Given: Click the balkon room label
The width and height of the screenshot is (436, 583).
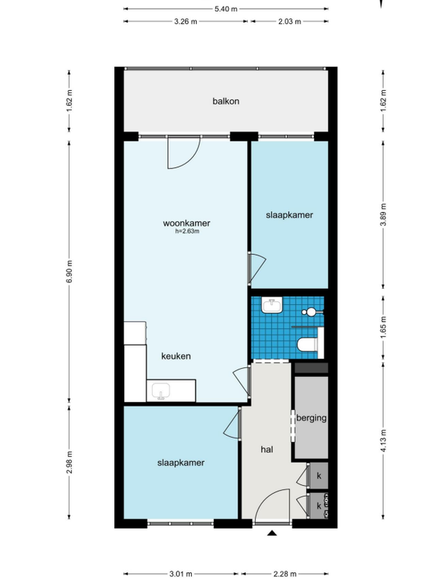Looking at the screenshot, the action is pyautogui.click(x=226, y=101).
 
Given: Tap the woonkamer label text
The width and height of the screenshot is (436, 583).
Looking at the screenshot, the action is pyautogui.click(x=186, y=223).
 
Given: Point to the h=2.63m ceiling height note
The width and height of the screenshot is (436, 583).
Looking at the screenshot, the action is pyautogui.click(x=187, y=232).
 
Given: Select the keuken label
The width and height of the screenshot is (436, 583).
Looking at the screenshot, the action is pyautogui.click(x=176, y=356).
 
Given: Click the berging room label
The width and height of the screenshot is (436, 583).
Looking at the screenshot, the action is pyautogui.click(x=311, y=418).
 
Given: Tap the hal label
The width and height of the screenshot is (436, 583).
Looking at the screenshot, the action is pyautogui.click(x=267, y=449).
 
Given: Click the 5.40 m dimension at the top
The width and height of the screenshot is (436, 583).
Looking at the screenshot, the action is pyautogui.click(x=226, y=9).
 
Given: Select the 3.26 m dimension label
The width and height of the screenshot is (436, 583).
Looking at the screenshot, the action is pyautogui.click(x=185, y=22).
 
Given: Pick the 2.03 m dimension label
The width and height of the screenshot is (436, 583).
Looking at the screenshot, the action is pyautogui.click(x=289, y=22).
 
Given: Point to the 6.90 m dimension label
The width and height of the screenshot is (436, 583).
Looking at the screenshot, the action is pyautogui.click(x=70, y=272).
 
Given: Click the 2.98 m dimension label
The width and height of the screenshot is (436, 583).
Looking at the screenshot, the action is pyautogui.click(x=70, y=462).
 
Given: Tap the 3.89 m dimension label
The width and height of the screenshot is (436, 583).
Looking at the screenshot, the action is pyautogui.click(x=384, y=214).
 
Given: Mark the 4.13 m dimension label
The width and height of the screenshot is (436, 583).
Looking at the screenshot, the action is pyautogui.click(x=384, y=441).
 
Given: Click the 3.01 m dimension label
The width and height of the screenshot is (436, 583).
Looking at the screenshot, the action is pyautogui.click(x=180, y=574).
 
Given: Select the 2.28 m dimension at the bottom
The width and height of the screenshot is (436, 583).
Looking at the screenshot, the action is pyautogui.click(x=285, y=574).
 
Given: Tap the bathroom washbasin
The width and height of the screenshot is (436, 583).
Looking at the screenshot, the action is pyautogui.click(x=272, y=305).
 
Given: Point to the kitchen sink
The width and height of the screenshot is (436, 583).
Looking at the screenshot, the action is pyautogui.click(x=161, y=391).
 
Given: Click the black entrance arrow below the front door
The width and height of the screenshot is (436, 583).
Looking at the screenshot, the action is pyautogui.click(x=272, y=533).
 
